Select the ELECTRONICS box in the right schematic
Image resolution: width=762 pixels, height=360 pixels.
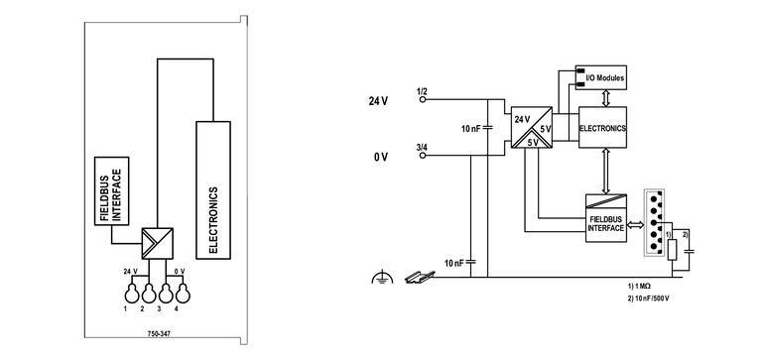(x=603, y=127)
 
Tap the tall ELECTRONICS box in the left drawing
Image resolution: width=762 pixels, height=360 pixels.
(x=213, y=188)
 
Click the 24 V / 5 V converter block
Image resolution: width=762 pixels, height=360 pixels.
(x=530, y=127)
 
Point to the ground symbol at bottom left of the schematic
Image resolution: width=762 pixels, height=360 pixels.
(x=377, y=279)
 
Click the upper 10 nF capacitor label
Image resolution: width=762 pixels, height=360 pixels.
(x=472, y=129)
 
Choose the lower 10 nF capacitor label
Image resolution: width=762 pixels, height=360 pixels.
(x=455, y=263)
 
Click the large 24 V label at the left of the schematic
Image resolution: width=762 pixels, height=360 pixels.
(x=378, y=100)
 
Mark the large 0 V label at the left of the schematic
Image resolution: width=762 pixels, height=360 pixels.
(x=380, y=157)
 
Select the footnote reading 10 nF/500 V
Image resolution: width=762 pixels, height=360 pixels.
(x=651, y=298)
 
